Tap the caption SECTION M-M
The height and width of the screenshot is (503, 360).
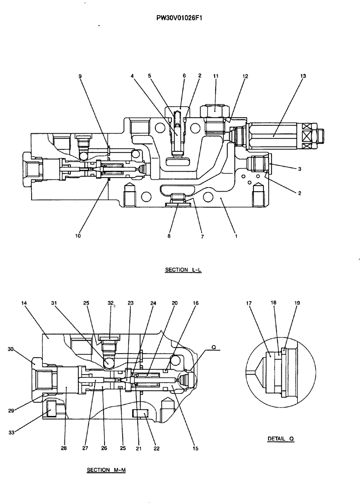[105, 470]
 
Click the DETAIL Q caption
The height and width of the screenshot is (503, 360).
[281, 439]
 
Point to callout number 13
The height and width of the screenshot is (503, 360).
[303, 76]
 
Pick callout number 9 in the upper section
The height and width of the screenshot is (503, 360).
[80, 76]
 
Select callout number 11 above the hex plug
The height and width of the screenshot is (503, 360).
[215, 76]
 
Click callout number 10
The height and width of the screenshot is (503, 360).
[78, 235]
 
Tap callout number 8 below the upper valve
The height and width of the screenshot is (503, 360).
[169, 235]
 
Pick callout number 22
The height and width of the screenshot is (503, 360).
[157, 448]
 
